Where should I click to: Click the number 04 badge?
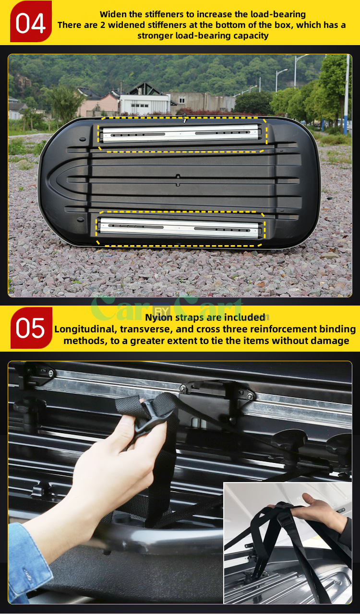[x=31, y=22]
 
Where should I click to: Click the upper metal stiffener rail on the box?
[x=182, y=134]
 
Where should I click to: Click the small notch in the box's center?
[x=178, y=180]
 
